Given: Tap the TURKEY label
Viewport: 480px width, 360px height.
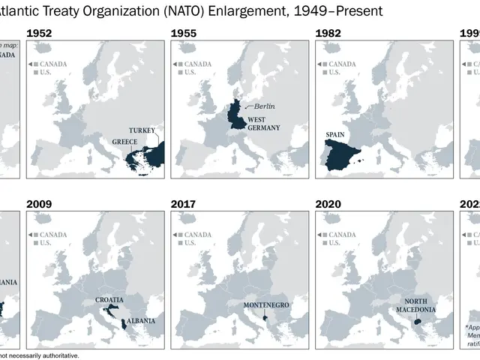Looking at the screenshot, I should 142,131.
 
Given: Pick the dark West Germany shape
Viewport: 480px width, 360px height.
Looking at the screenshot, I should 238,116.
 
